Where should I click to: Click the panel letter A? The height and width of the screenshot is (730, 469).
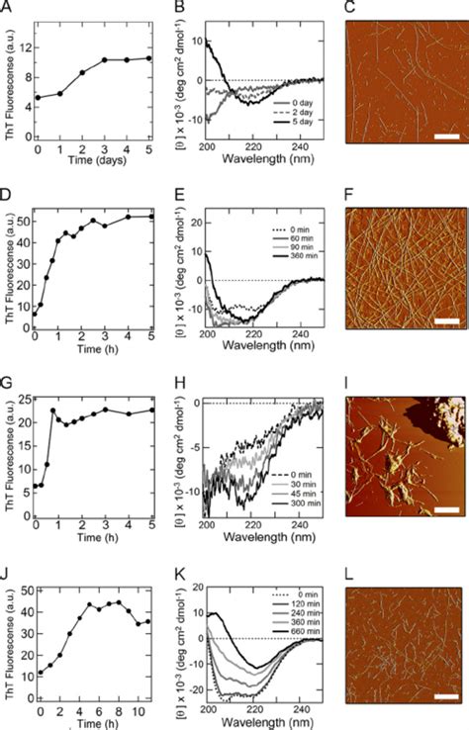pos(8,8)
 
